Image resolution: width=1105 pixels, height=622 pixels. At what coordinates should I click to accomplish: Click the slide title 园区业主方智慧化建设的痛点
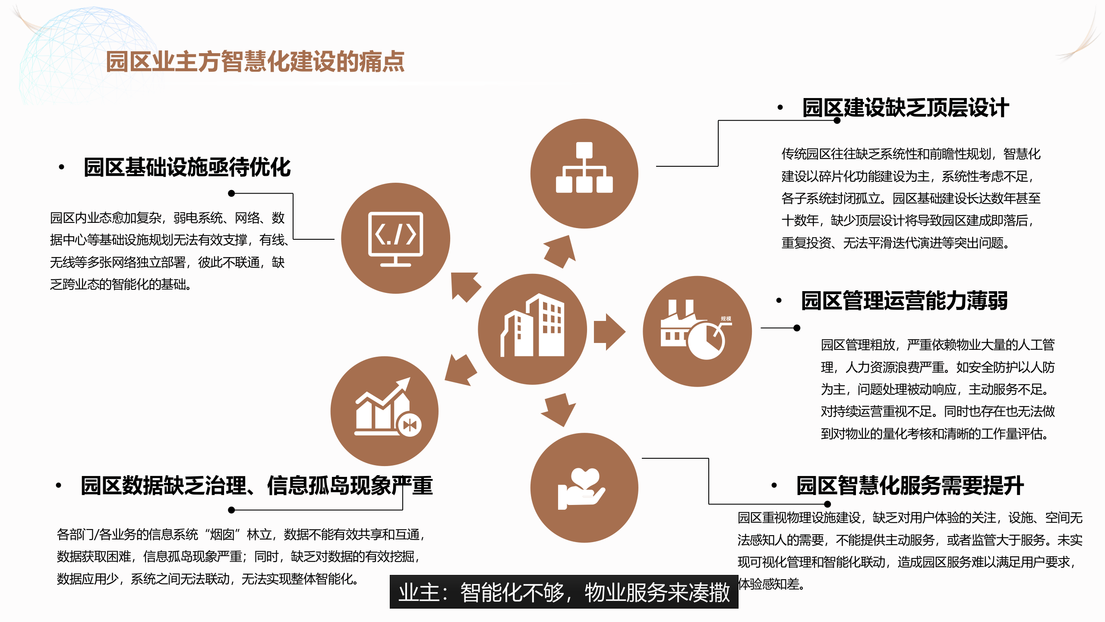pyautogui.click(x=255, y=62)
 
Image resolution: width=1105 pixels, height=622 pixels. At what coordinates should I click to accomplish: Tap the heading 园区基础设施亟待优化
pyautogui.click(x=187, y=168)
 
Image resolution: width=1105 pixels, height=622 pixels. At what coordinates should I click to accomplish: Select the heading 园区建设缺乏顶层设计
pyautogui.click(x=906, y=108)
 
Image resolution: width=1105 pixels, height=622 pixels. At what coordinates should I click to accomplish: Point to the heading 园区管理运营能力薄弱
pyautogui.click(x=904, y=301)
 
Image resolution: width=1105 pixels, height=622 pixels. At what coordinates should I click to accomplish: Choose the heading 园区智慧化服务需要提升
pyautogui.click(x=910, y=486)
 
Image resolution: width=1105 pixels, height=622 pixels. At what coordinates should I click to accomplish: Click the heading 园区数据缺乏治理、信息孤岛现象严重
pyautogui.click(x=257, y=486)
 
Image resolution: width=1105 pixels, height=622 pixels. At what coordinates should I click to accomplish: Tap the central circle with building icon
pyautogui.click(x=532, y=329)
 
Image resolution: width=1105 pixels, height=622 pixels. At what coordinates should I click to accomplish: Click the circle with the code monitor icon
pyautogui.click(x=395, y=238)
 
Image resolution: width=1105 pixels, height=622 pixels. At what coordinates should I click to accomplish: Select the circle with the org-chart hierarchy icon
pyautogui.click(x=584, y=174)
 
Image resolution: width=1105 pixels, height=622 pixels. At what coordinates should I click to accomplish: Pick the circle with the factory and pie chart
pyautogui.click(x=697, y=331)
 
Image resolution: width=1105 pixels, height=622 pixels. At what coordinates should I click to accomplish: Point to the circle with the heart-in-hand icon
pyautogui.click(x=584, y=488)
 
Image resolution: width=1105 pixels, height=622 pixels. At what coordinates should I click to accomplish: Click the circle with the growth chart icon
pyautogui.click(x=384, y=411)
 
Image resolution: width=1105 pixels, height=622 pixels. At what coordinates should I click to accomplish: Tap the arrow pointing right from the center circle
pyautogui.click(x=609, y=332)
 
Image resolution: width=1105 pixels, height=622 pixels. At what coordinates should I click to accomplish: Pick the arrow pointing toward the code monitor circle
pyautogui.click(x=464, y=286)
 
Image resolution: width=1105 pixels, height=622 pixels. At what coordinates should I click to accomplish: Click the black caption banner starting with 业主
pyautogui.click(x=564, y=592)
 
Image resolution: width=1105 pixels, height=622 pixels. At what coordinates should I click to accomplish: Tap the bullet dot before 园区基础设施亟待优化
pyautogui.click(x=62, y=167)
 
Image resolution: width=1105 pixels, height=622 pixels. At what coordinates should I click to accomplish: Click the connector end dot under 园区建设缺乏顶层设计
pyautogui.click(x=837, y=121)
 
